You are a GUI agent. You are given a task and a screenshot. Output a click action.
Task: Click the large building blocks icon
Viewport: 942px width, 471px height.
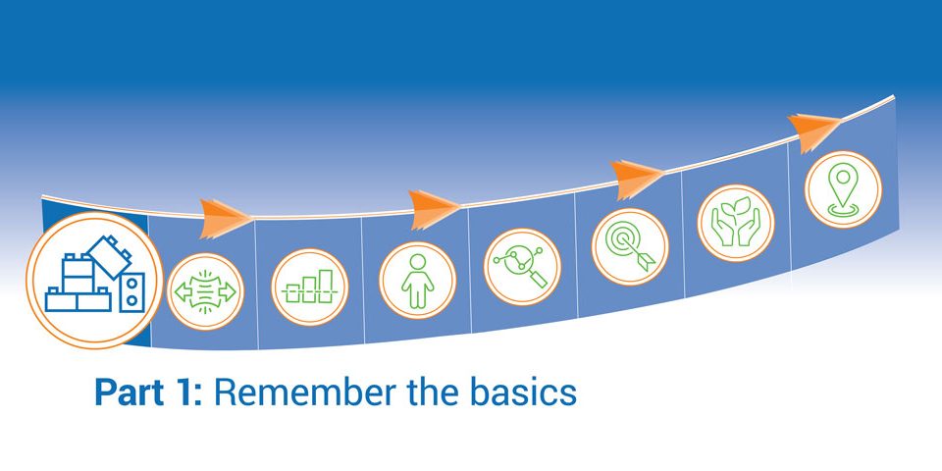[94, 280]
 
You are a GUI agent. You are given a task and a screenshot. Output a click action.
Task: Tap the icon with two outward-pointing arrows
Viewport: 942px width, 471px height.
[205, 291]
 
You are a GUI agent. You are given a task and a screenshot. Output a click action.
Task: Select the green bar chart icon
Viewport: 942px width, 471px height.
[309, 288]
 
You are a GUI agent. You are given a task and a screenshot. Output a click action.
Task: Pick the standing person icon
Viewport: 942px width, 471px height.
[418, 280]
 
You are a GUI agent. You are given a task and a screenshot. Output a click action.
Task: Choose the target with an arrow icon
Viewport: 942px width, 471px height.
[630, 247]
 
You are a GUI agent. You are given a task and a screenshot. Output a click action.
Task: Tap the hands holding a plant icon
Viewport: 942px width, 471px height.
[735, 223]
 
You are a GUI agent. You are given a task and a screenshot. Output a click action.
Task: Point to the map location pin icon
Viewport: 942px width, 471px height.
[843, 189]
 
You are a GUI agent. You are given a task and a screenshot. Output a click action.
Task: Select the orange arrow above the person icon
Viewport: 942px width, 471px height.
[434, 209]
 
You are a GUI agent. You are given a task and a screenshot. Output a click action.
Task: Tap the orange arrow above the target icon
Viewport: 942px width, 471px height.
[637, 179]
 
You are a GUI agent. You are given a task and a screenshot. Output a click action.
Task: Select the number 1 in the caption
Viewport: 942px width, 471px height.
[183, 392]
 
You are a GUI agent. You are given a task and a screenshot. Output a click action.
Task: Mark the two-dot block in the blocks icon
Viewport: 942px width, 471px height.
[131, 292]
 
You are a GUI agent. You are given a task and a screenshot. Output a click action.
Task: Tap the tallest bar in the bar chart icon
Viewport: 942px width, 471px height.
[326, 286]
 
